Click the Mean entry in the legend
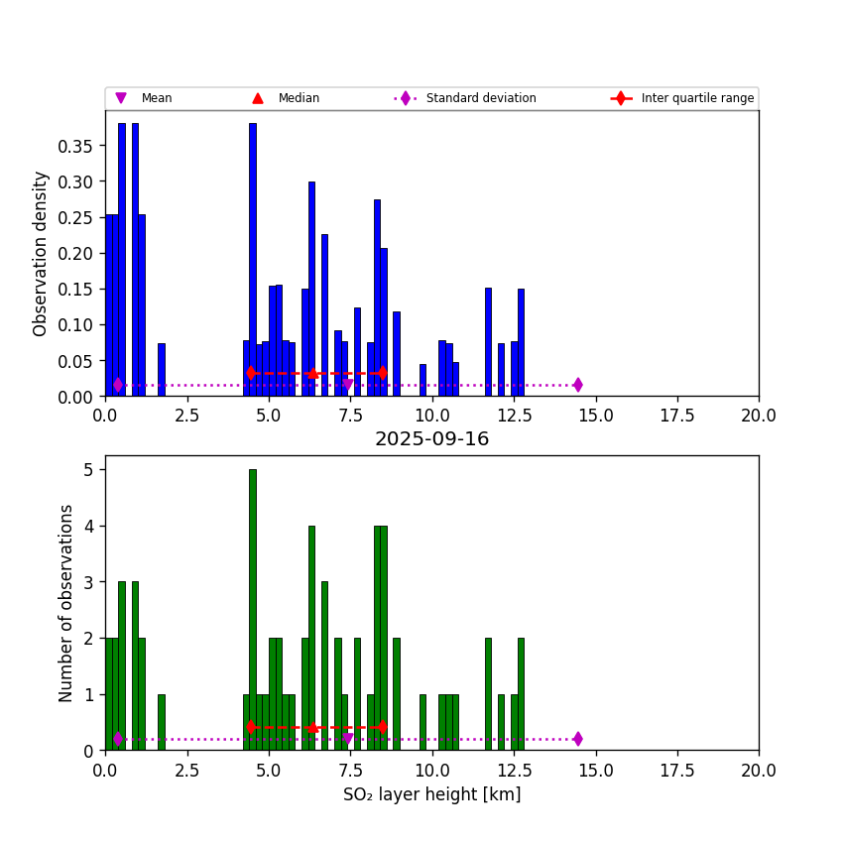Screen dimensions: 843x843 pos(156,98)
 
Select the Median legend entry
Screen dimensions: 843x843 pos(299,98)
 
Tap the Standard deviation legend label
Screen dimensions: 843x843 pos(481,98)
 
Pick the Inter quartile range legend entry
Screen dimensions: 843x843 pos(697,98)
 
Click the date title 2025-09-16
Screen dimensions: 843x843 pos(431,439)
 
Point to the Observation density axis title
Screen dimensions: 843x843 pos(41,253)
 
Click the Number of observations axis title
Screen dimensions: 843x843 pos(66,603)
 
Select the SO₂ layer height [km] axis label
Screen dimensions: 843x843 pos(431,794)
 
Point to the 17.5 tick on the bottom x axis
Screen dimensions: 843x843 pos(677,770)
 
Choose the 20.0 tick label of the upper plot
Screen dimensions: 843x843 pos(759,416)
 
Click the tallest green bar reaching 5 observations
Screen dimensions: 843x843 pos(253,610)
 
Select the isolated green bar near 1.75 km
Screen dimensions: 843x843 pos(162,722)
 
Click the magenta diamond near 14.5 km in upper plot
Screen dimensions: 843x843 pos(577,385)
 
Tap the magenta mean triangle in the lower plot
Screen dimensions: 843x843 pos(347,739)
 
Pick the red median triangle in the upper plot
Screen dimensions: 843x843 pos(313,373)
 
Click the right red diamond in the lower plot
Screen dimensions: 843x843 pos(382,727)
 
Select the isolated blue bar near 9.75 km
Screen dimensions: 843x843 pos(422,380)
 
